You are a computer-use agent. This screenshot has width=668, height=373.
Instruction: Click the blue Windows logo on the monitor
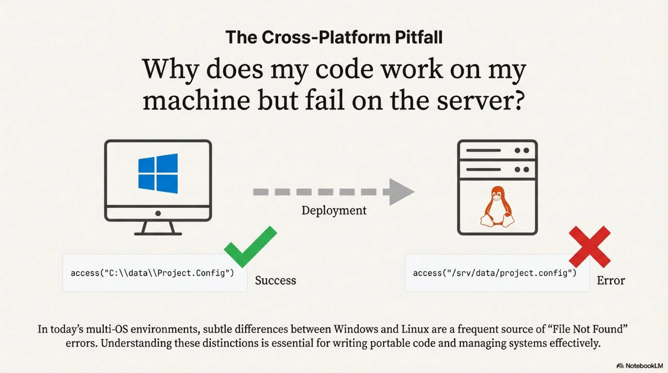[x=158, y=173]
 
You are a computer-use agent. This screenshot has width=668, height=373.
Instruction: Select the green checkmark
[x=250, y=247]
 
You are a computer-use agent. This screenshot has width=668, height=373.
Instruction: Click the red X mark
[x=590, y=247]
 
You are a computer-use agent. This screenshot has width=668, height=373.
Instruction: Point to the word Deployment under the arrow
[x=334, y=210]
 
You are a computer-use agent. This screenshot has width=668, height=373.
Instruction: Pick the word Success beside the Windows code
[x=276, y=280]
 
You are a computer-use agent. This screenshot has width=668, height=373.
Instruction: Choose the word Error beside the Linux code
[x=611, y=280]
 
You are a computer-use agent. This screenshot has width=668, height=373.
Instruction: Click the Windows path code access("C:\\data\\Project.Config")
[x=152, y=273]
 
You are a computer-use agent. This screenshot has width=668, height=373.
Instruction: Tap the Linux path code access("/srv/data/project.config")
[x=494, y=273]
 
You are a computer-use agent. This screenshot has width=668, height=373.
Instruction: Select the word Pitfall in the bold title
[x=419, y=37]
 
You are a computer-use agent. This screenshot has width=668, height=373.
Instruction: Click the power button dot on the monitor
[x=158, y=214]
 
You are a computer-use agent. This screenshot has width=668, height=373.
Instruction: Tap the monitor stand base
[x=158, y=234]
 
